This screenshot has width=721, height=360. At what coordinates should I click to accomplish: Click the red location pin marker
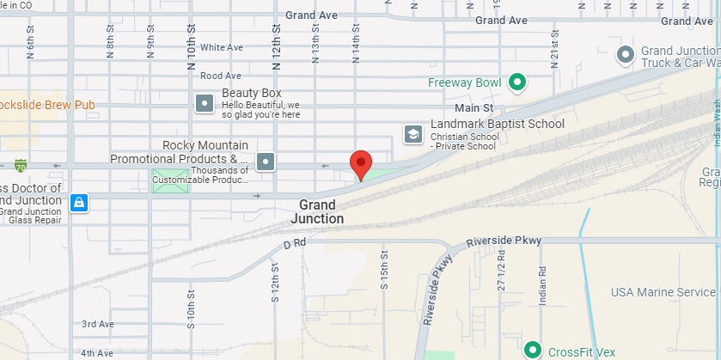362,162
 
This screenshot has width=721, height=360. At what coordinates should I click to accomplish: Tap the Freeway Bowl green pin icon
516,82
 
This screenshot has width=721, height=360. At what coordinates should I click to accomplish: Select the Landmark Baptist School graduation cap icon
413,134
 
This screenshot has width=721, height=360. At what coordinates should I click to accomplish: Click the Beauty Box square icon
205,103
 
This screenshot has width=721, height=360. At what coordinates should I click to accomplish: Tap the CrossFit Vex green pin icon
533,351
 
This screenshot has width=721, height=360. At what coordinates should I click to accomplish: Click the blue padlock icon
78,202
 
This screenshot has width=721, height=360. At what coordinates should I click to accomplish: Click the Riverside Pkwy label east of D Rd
504,241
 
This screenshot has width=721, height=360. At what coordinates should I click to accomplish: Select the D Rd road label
295,244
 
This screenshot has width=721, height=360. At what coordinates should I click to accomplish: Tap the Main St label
474,108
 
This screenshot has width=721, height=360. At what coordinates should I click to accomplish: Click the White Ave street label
222,47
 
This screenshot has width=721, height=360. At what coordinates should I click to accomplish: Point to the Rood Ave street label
221,76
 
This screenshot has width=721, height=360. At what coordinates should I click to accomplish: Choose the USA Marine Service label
663,292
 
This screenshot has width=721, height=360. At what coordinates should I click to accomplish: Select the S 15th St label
385,272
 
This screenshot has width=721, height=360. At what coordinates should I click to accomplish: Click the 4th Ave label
98,352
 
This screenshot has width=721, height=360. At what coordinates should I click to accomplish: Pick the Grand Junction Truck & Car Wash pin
626,56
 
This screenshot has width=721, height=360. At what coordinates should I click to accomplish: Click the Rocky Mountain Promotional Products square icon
266,161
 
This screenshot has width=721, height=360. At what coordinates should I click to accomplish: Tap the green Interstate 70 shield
20,165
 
